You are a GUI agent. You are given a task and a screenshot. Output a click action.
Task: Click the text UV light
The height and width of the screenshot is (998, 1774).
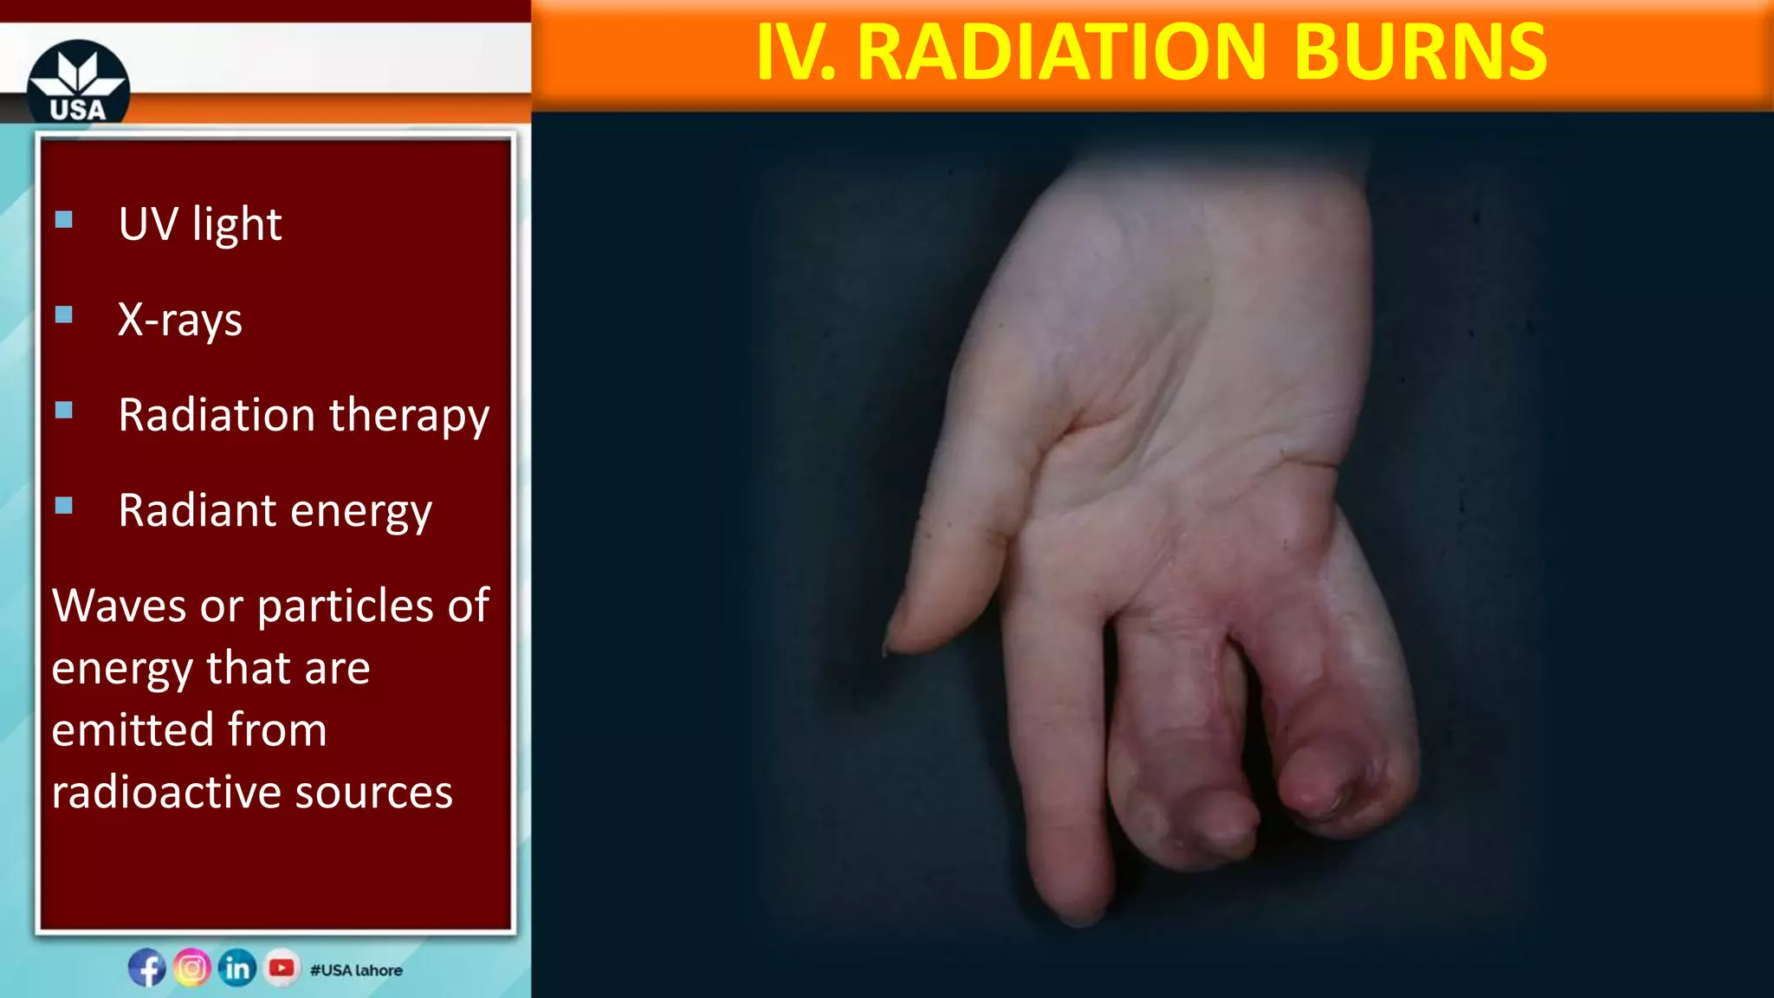tap(200, 224)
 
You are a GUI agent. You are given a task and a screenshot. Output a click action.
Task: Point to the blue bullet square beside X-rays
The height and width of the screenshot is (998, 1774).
tap(64, 314)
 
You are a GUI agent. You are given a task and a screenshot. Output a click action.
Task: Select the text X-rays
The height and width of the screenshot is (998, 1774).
tap(180, 320)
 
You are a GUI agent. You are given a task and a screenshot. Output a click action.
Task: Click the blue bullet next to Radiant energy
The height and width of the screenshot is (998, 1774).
tap(64, 505)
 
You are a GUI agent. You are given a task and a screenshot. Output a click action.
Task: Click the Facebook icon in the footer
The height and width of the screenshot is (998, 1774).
tap(147, 968)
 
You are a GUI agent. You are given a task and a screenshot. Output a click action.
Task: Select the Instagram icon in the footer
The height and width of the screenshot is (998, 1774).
tap(192, 968)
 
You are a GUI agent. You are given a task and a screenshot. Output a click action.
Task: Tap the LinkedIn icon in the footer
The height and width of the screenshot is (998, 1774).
tap(236, 968)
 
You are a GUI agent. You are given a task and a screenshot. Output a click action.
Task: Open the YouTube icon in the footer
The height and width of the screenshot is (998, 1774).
tap(282, 968)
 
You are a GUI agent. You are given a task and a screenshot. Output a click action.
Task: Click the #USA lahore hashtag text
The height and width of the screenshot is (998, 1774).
tap(356, 970)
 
